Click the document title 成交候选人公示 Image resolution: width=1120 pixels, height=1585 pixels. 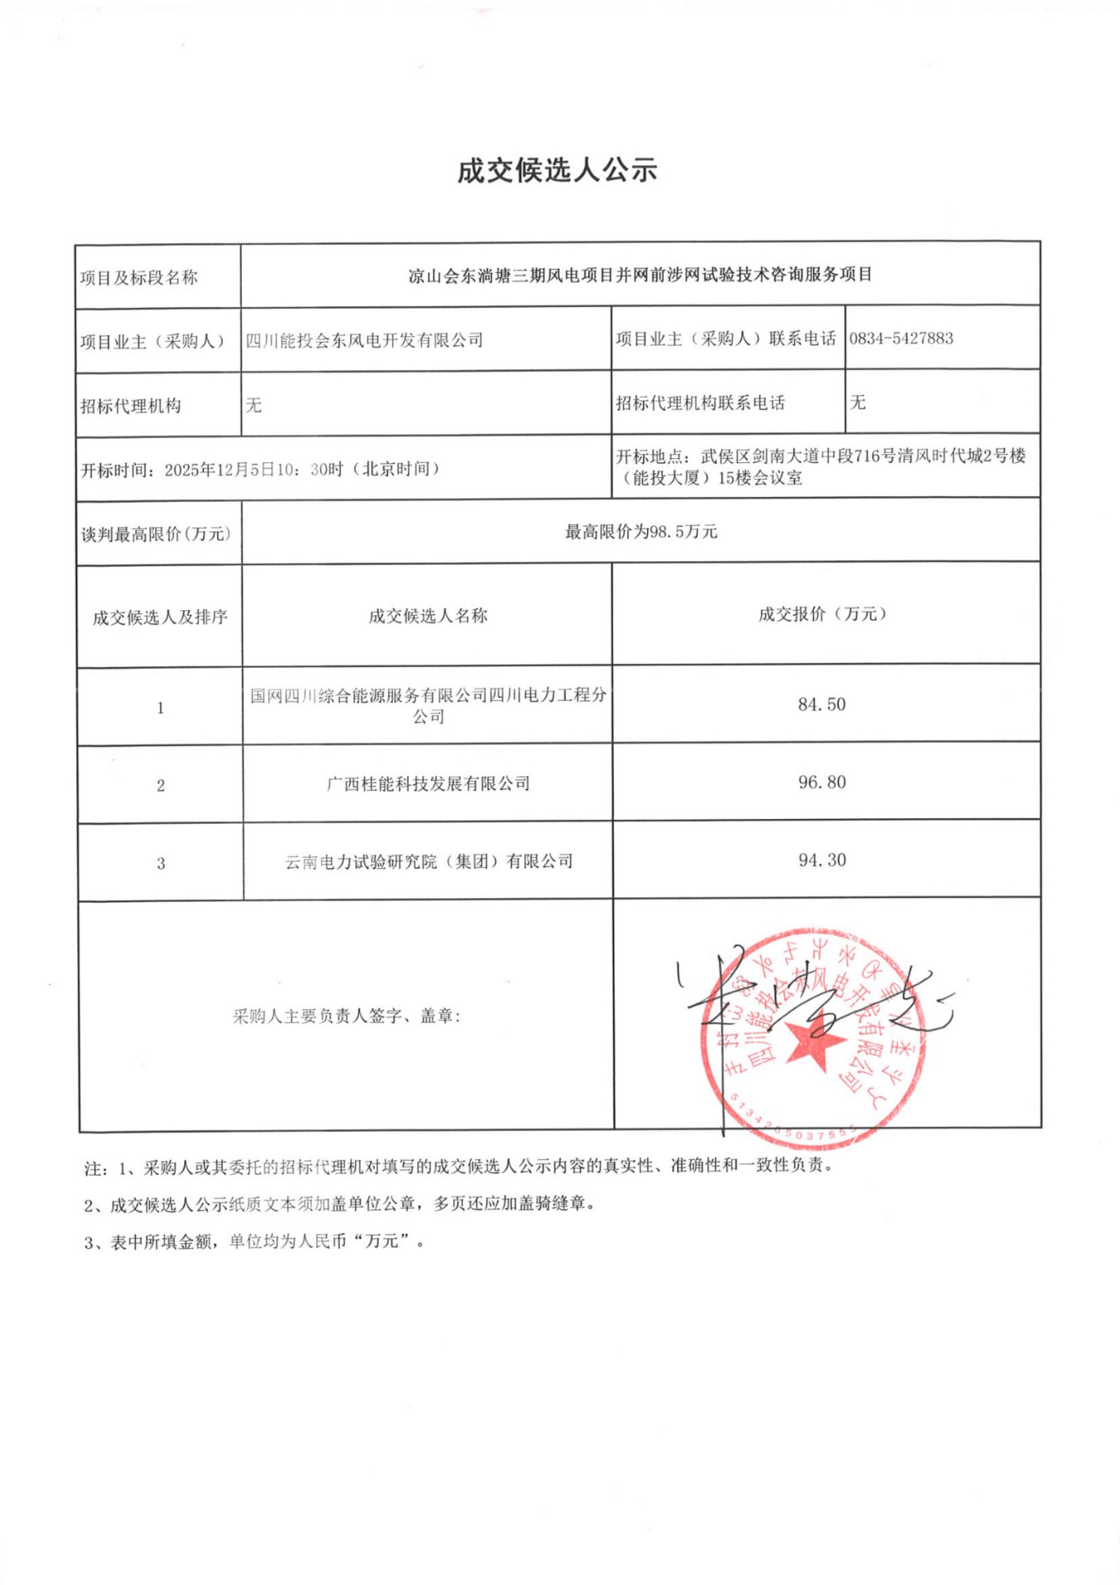(x=557, y=171)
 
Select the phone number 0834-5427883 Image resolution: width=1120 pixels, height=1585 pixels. (x=900, y=338)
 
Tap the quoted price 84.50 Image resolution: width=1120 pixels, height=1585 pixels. (x=821, y=704)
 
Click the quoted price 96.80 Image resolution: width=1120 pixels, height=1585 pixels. (x=821, y=782)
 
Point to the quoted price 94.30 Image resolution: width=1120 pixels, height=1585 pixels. (x=821, y=860)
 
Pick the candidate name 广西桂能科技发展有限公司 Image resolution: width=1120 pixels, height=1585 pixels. (x=428, y=783)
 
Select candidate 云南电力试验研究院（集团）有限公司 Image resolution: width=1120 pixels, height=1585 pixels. (x=428, y=862)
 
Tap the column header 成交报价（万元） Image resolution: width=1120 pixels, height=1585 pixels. (x=822, y=614)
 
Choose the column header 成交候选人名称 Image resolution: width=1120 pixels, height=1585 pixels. (x=428, y=616)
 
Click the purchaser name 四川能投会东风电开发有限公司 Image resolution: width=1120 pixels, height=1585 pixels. (x=364, y=340)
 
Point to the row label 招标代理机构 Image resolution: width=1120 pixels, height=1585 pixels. (x=130, y=405)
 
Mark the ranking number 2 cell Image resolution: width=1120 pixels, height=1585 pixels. (x=160, y=785)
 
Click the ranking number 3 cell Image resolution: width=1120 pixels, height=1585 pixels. (x=160, y=863)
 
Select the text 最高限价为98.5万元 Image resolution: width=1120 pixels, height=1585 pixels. (x=640, y=532)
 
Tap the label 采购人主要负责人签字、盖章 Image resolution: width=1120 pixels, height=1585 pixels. (x=346, y=1016)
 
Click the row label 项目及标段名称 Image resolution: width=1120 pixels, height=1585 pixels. (x=139, y=278)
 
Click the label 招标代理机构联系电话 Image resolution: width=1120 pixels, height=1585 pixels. (x=700, y=404)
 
